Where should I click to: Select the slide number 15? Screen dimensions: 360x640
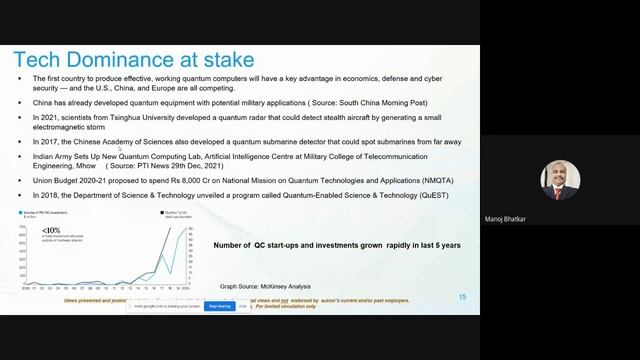click(x=462, y=297)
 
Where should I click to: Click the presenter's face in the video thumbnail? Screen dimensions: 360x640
click(x=559, y=175)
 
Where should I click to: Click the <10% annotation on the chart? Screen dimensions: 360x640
click(x=50, y=231)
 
